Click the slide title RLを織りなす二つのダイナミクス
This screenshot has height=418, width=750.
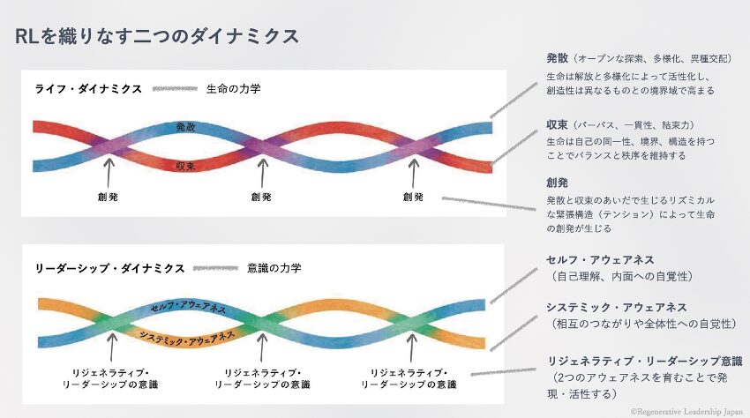[x=157, y=36]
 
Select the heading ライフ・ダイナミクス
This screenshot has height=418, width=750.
[x=88, y=89]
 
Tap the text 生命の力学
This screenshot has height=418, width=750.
[x=233, y=89]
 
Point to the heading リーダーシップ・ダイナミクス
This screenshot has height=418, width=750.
[x=109, y=268]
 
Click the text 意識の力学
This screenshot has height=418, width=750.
[x=274, y=268]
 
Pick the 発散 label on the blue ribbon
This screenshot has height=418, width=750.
[x=185, y=127]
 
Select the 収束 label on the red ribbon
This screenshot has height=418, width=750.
[x=185, y=165]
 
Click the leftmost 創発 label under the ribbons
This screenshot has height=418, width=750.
[x=109, y=197]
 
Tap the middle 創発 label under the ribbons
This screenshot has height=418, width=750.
[x=261, y=197]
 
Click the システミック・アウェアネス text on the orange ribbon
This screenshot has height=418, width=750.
[x=187, y=336]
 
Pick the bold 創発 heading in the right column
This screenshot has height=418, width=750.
[x=558, y=183]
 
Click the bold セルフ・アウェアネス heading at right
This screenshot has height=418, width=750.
[x=600, y=259]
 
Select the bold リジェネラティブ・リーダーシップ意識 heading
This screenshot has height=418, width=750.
[x=645, y=362]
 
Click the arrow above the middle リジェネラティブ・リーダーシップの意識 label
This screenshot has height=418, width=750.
[x=261, y=348]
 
